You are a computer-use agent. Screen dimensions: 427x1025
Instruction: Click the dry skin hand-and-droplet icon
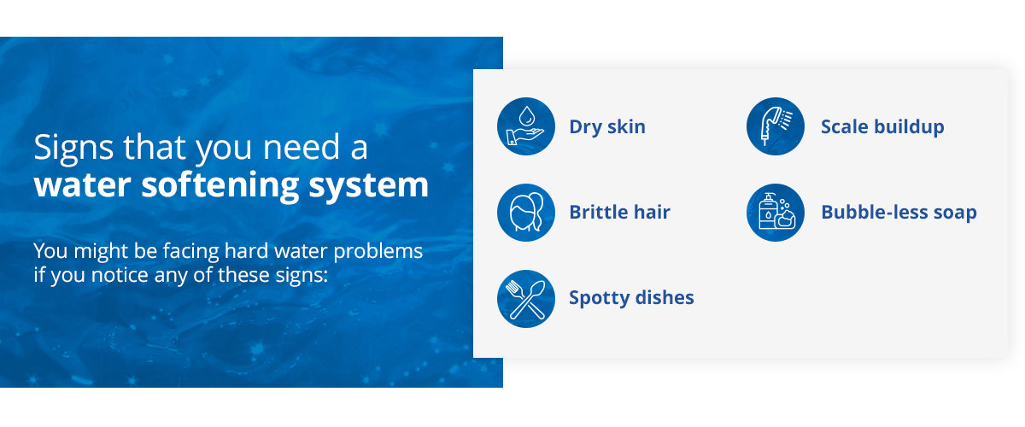coord(525,126)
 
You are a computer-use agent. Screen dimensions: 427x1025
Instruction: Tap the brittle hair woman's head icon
coord(525,212)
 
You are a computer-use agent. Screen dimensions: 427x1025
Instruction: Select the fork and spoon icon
coord(525,298)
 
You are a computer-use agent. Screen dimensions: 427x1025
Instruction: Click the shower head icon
coord(776,126)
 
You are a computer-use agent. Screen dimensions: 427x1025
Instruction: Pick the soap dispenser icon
coord(776,212)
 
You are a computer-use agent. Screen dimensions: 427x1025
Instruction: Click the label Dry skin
coord(607,127)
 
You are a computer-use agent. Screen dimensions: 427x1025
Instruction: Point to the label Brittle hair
coord(619,213)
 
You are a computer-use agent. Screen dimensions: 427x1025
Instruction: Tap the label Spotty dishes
coord(631,298)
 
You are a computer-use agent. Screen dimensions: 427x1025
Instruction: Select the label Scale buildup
coord(882,127)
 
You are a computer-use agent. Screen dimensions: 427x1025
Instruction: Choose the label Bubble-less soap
coord(899,213)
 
